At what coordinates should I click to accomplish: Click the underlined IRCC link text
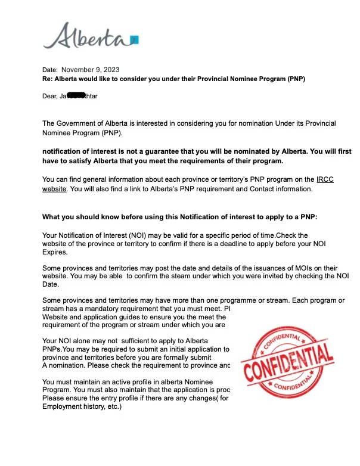pyautogui.click(x=325, y=179)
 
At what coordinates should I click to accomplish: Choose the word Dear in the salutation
pyautogui.click(x=50, y=95)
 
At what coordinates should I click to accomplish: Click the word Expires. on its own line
pyautogui.click(x=55, y=252)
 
